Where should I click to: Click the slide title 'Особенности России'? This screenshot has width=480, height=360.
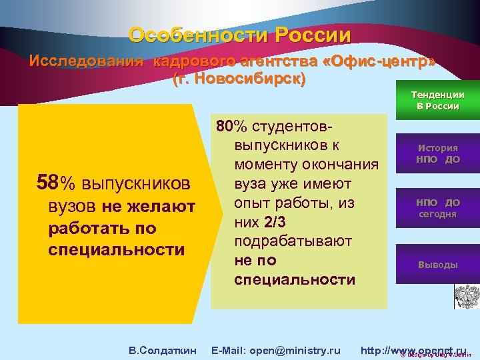239,35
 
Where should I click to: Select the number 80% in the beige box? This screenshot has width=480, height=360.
227,127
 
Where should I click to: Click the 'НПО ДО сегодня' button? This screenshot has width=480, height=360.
437,208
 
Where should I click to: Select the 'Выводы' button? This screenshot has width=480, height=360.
437,265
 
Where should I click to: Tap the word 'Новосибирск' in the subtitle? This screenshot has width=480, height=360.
243,79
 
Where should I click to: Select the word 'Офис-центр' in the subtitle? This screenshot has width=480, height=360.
379,62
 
